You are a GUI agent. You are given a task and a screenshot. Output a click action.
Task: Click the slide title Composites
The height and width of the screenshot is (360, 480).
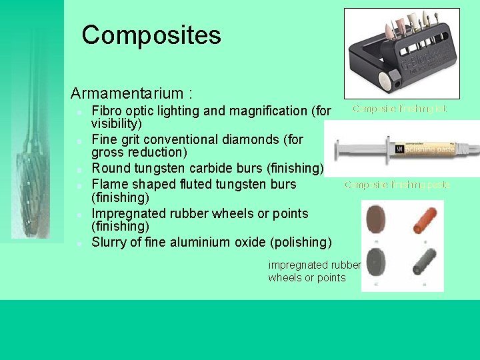point(151,35)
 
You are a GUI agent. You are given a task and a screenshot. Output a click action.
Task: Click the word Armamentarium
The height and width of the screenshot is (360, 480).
point(127,93)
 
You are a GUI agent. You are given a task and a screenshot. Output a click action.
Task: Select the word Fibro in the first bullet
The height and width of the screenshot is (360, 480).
point(107,111)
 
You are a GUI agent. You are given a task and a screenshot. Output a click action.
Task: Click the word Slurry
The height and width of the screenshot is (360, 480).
point(111,242)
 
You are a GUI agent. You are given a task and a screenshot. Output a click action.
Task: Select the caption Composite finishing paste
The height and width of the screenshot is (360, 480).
point(397,185)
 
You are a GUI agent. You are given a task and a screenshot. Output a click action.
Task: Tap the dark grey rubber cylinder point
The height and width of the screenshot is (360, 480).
point(423,263)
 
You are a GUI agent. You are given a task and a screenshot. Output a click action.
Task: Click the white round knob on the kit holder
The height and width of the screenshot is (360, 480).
point(385,80)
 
